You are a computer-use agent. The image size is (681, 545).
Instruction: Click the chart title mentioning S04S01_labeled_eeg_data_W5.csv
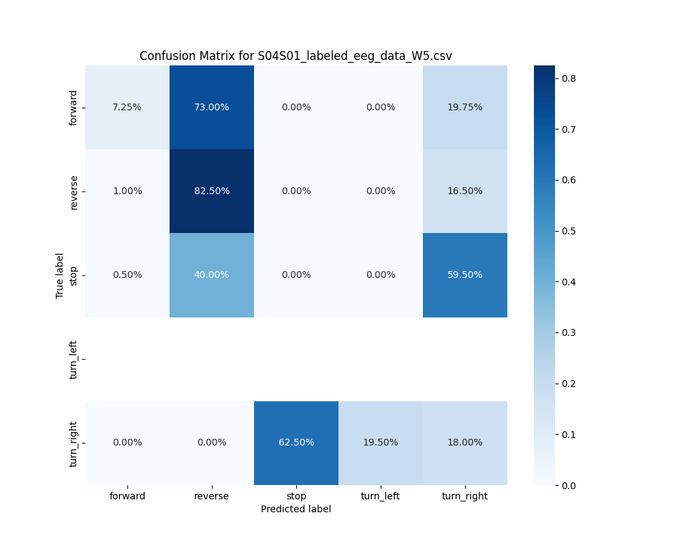(296, 56)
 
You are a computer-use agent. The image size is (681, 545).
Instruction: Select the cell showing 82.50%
(212, 191)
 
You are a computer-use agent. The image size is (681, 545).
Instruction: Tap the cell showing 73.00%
(212, 107)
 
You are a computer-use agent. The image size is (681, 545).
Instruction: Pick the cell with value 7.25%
(127, 107)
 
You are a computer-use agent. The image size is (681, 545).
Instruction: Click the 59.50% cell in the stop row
(465, 275)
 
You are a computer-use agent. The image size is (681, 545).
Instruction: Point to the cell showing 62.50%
(296, 442)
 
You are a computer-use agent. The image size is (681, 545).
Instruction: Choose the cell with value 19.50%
(381, 442)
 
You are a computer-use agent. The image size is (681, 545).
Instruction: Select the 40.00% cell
(212, 275)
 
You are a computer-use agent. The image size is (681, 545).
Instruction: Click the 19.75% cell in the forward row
(465, 107)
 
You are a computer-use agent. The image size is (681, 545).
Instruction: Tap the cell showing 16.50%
(465, 191)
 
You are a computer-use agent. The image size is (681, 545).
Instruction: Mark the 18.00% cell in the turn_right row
(465, 442)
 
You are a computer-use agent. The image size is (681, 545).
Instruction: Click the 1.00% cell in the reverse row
(127, 191)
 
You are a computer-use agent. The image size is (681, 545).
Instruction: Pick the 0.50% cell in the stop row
(127, 275)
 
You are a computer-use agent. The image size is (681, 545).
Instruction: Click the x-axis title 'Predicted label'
(296, 509)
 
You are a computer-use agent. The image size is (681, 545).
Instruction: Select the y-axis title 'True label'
(60, 275)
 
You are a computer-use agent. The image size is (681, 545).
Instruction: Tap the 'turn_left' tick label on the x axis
(381, 496)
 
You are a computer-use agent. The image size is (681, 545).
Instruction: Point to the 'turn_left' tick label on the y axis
(74, 358)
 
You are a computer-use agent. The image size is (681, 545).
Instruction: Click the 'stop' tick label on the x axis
(296, 496)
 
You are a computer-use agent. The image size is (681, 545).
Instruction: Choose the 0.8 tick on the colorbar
(569, 78)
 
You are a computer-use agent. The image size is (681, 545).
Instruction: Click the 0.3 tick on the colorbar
(569, 332)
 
